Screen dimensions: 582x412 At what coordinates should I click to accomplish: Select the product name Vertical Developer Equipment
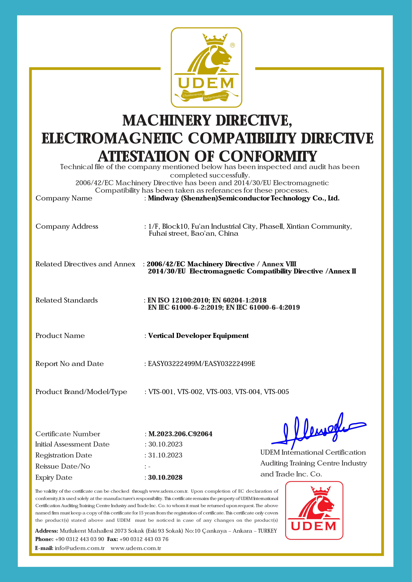(x=198, y=336)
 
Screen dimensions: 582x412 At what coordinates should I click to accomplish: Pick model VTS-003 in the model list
(x=219, y=392)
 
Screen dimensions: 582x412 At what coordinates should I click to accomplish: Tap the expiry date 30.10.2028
(x=165, y=478)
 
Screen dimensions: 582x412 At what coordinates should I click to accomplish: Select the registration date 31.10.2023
(x=165, y=455)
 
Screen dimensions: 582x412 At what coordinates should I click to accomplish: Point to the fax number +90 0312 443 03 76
(x=144, y=539)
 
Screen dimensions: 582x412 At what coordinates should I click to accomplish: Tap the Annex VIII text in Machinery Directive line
(x=279, y=264)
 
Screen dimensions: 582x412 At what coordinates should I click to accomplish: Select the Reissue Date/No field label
(x=63, y=466)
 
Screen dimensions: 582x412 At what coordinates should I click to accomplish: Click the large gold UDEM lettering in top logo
(x=206, y=83)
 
